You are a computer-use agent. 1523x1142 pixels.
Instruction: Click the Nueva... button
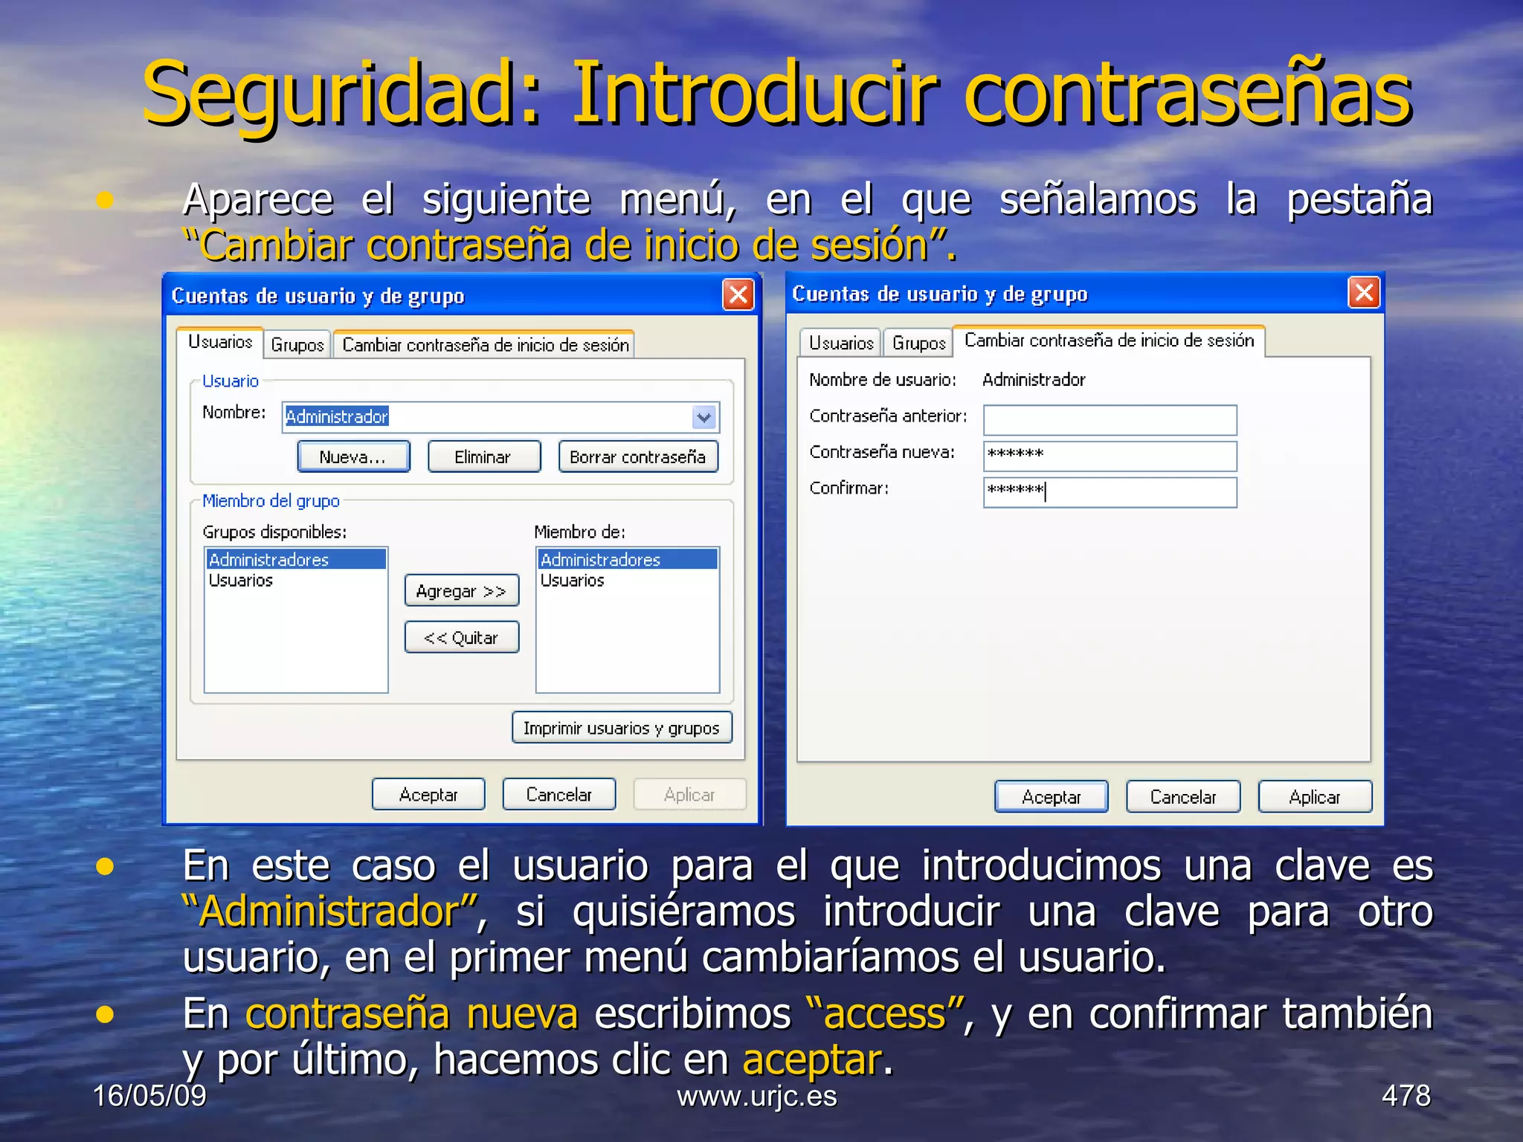pyautogui.click(x=353, y=457)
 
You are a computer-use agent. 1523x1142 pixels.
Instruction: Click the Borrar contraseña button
pyautogui.click(x=637, y=457)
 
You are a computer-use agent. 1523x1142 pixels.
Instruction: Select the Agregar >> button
pyautogui.click(x=461, y=591)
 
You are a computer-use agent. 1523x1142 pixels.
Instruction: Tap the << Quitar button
pyautogui.click(x=461, y=637)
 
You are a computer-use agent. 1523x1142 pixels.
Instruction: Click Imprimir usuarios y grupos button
pyautogui.click(x=621, y=728)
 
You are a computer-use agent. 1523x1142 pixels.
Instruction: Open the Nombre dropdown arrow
pyautogui.click(x=703, y=417)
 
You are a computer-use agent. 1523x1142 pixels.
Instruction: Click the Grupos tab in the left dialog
pyautogui.click(x=297, y=345)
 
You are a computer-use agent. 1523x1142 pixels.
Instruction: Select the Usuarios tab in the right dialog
pyautogui.click(x=840, y=343)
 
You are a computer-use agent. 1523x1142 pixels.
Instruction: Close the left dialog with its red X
pyautogui.click(x=738, y=295)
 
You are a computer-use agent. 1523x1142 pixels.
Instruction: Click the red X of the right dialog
pyautogui.click(x=1364, y=293)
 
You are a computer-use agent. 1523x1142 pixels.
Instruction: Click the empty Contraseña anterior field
pyautogui.click(x=1110, y=420)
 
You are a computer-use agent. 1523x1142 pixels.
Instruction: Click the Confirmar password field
pyautogui.click(x=1110, y=492)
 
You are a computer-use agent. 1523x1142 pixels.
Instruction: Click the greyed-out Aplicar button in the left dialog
pyautogui.click(x=689, y=795)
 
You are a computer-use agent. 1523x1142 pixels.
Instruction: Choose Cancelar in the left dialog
pyautogui.click(x=558, y=795)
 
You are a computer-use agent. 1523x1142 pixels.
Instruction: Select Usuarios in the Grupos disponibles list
pyautogui.click(x=241, y=581)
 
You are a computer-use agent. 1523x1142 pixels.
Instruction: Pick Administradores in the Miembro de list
pyautogui.click(x=601, y=560)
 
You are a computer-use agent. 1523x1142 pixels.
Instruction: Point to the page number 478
pyautogui.click(x=1406, y=1096)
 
